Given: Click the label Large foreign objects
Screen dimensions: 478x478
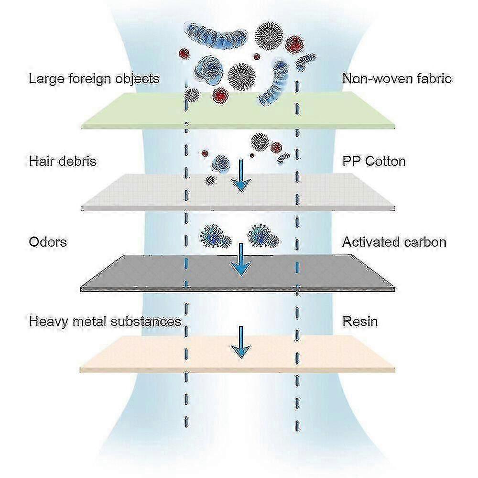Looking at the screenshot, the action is (x=94, y=79).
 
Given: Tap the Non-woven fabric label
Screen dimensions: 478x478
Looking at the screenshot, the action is (x=397, y=79).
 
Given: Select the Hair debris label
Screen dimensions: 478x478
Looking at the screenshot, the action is (x=63, y=161).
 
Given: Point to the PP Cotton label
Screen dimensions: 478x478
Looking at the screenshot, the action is (x=374, y=161).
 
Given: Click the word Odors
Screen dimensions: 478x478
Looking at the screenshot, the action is (x=48, y=242).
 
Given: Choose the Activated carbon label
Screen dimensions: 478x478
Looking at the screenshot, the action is (x=394, y=242).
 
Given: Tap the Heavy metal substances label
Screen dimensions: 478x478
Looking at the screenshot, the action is (x=105, y=322).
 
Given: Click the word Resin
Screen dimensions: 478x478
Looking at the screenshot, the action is (x=360, y=321).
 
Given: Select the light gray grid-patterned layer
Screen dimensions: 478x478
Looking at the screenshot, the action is (x=239, y=192).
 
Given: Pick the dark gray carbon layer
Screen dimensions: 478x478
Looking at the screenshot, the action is (x=238, y=273).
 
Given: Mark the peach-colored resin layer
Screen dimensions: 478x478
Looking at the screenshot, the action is (x=238, y=354).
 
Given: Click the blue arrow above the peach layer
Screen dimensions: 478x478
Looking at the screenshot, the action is (x=241, y=342).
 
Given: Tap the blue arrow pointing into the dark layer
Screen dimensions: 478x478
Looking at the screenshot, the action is (x=241, y=260).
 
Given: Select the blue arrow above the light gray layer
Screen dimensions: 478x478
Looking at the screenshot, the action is (x=241, y=176).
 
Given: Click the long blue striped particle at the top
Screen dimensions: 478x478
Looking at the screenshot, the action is (x=216, y=34).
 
